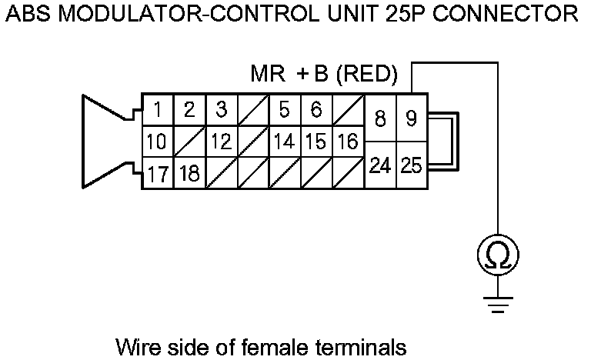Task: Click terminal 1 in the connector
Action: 157,110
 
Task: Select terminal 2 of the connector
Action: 189,110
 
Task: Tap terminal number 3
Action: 221,110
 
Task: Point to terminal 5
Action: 284,110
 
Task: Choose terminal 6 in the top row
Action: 316,110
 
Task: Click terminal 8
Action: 379,119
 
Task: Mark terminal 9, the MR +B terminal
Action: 411,119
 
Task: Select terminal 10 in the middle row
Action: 157,142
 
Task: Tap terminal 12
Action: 221,142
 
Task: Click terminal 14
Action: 284,142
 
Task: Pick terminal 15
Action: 316,142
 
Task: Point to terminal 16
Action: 348,142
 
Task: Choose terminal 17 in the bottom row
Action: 157,173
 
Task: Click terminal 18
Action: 189,173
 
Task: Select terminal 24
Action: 379,165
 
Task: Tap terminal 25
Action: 411,165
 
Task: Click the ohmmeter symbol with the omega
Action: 497,254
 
